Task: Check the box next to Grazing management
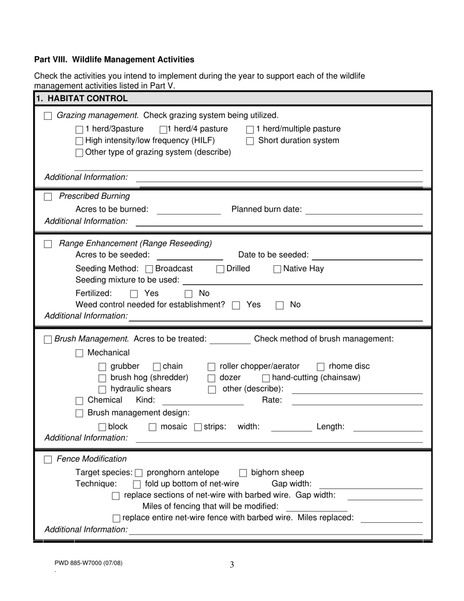(48, 116)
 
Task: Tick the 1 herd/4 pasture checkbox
(164, 129)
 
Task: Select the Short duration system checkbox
(250, 141)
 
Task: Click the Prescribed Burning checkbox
(48, 196)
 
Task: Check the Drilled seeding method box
(220, 269)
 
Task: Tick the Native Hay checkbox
(277, 269)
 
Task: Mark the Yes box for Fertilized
(134, 294)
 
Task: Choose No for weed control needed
(280, 305)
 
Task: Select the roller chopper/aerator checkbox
(211, 367)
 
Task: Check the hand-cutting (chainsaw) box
(266, 378)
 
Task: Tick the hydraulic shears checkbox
(102, 389)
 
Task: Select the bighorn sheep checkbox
(243, 473)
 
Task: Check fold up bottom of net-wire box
(137, 484)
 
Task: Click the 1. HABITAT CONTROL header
(82, 98)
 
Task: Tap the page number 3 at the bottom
(232, 565)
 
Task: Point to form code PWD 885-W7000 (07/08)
(88, 562)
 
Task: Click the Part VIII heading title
(114, 60)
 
